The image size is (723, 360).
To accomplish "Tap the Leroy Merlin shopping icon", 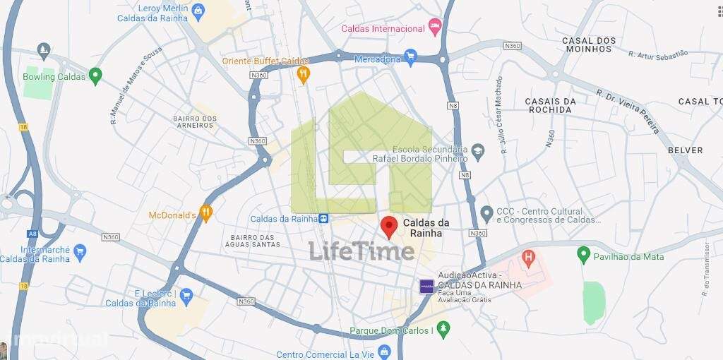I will pyautogui.click(x=198, y=10).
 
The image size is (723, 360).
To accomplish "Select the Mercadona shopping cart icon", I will pyautogui.click(x=411, y=56).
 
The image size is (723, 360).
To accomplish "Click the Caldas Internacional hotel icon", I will pyautogui.click(x=436, y=28).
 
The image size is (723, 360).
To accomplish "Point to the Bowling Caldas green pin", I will pyautogui.click(x=96, y=76).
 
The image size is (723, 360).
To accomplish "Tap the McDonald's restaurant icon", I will pyautogui.click(x=205, y=212).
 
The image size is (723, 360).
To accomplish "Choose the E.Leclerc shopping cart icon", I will pyautogui.click(x=186, y=294).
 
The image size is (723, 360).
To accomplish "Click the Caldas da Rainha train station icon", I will pyautogui.click(x=323, y=219).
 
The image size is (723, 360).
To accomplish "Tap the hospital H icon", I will pyautogui.click(x=527, y=258).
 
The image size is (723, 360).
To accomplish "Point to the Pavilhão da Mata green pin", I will pyautogui.click(x=583, y=254).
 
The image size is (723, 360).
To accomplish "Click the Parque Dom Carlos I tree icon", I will pyautogui.click(x=443, y=329).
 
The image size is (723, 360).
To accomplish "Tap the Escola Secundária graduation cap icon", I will pyautogui.click(x=478, y=150).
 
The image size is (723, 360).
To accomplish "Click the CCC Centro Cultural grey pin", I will pyautogui.click(x=486, y=213).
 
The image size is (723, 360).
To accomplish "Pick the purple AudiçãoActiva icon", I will pyautogui.click(x=426, y=286).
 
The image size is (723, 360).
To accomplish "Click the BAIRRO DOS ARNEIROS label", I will pyautogui.click(x=193, y=121).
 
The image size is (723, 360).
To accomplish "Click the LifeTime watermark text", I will pyautogui.click(x=361, y=251).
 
